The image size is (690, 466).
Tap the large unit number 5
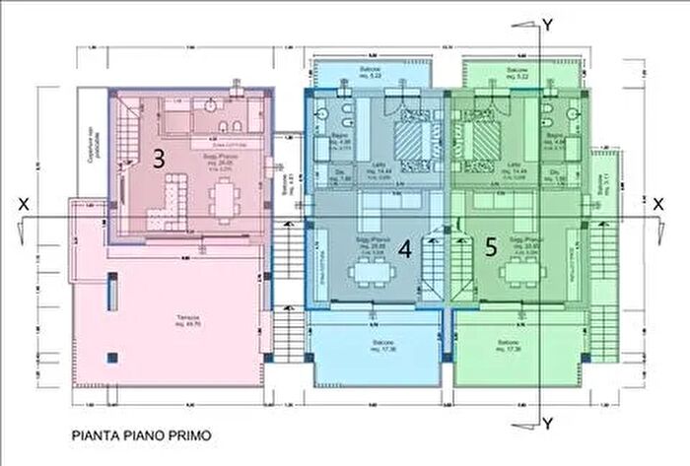491,248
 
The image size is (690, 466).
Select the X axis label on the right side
655,201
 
